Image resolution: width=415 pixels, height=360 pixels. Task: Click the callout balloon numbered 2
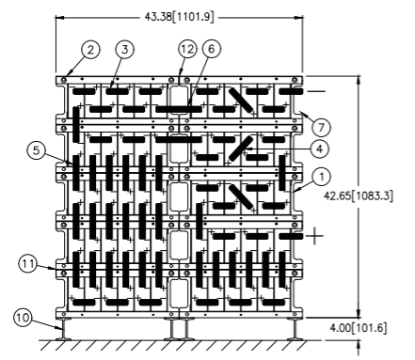pos(90,50)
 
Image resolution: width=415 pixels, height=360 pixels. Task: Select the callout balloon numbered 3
pos(124,50)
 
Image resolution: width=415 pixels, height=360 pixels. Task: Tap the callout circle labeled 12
pos(187,49)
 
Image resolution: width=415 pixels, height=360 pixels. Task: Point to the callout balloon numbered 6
pos(211,49)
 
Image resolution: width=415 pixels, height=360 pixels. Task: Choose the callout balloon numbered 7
pos(321,127)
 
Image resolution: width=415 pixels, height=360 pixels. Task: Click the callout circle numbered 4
pos(319,149)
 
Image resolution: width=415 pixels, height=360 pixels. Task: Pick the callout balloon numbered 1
pos(321,178)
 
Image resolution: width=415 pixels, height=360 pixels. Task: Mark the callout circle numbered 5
pos(37,150)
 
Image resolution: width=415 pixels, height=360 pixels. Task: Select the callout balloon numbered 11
pos(28,264)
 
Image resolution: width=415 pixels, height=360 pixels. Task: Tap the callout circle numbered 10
pos(23,318)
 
